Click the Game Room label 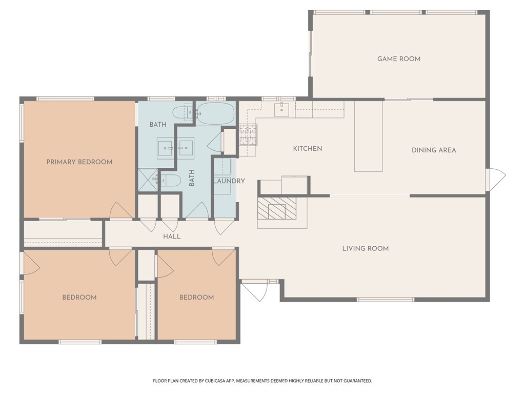pos(399,59)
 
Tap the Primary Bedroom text pos(79,162)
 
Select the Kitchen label pos(308,148)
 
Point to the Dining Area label pos(434,150)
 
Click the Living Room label pos(365,249)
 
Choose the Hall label pos(172,237)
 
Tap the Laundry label pos(229,181)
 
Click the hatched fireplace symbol pos(277,208)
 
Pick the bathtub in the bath pos(215,113)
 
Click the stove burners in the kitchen pos(248,135)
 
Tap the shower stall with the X pos(148,180)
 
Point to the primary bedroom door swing pos(121,210)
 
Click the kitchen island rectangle pos(368,136)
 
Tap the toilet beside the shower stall pos(171,180)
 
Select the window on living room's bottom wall pos(386,300)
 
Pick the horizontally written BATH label pos(158,125)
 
